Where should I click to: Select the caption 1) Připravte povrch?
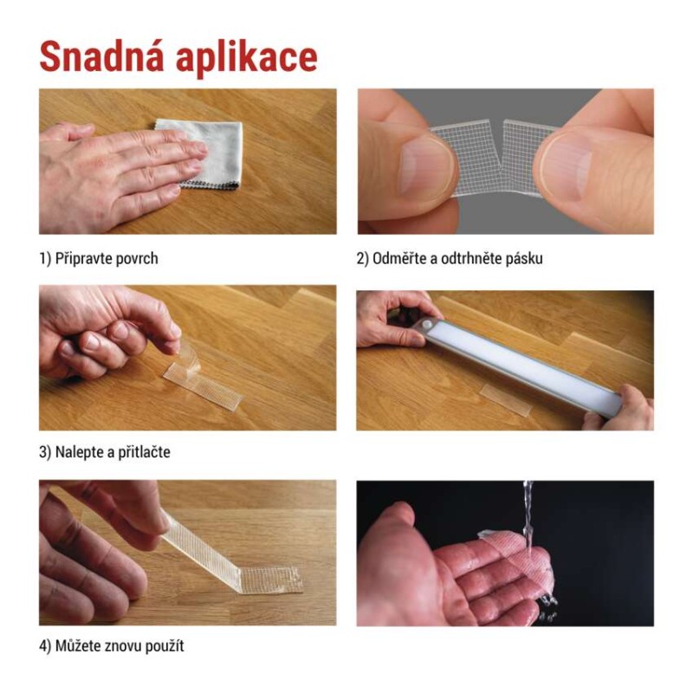tap(99, 258)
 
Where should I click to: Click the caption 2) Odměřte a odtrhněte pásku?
tap(450, 258)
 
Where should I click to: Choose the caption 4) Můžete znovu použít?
tap(112, 646)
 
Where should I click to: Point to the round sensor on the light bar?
tap(429, 326)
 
